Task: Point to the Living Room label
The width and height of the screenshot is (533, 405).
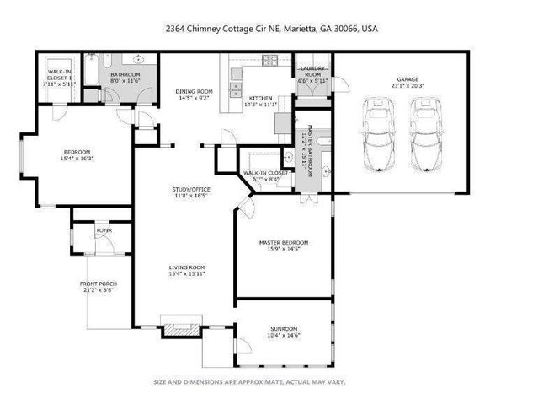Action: click(x=186, y=269)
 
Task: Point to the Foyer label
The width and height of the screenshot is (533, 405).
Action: click(x=104, y=229)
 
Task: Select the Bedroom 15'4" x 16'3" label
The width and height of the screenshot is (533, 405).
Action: click(x=77, y=154)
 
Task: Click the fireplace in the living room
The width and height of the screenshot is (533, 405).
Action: click(x=178, y=330)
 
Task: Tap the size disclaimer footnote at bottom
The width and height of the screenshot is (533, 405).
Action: click(x=248, y=381)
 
